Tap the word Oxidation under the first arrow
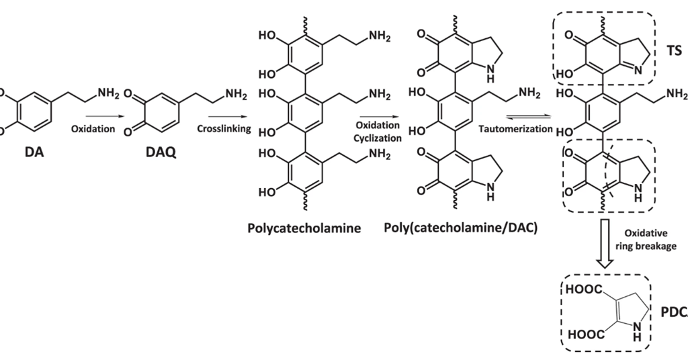click(x=93, y=128)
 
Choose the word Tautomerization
click(x=514, y=128)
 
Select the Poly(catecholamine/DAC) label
click(x=461, y=228)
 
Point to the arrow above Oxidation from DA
click(x=93, y=115)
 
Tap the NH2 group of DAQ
click(x=236, y=94)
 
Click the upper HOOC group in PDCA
click(x=581, y=290)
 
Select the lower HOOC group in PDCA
click(x=581, y=334)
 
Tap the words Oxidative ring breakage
click(x=650, y=240)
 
